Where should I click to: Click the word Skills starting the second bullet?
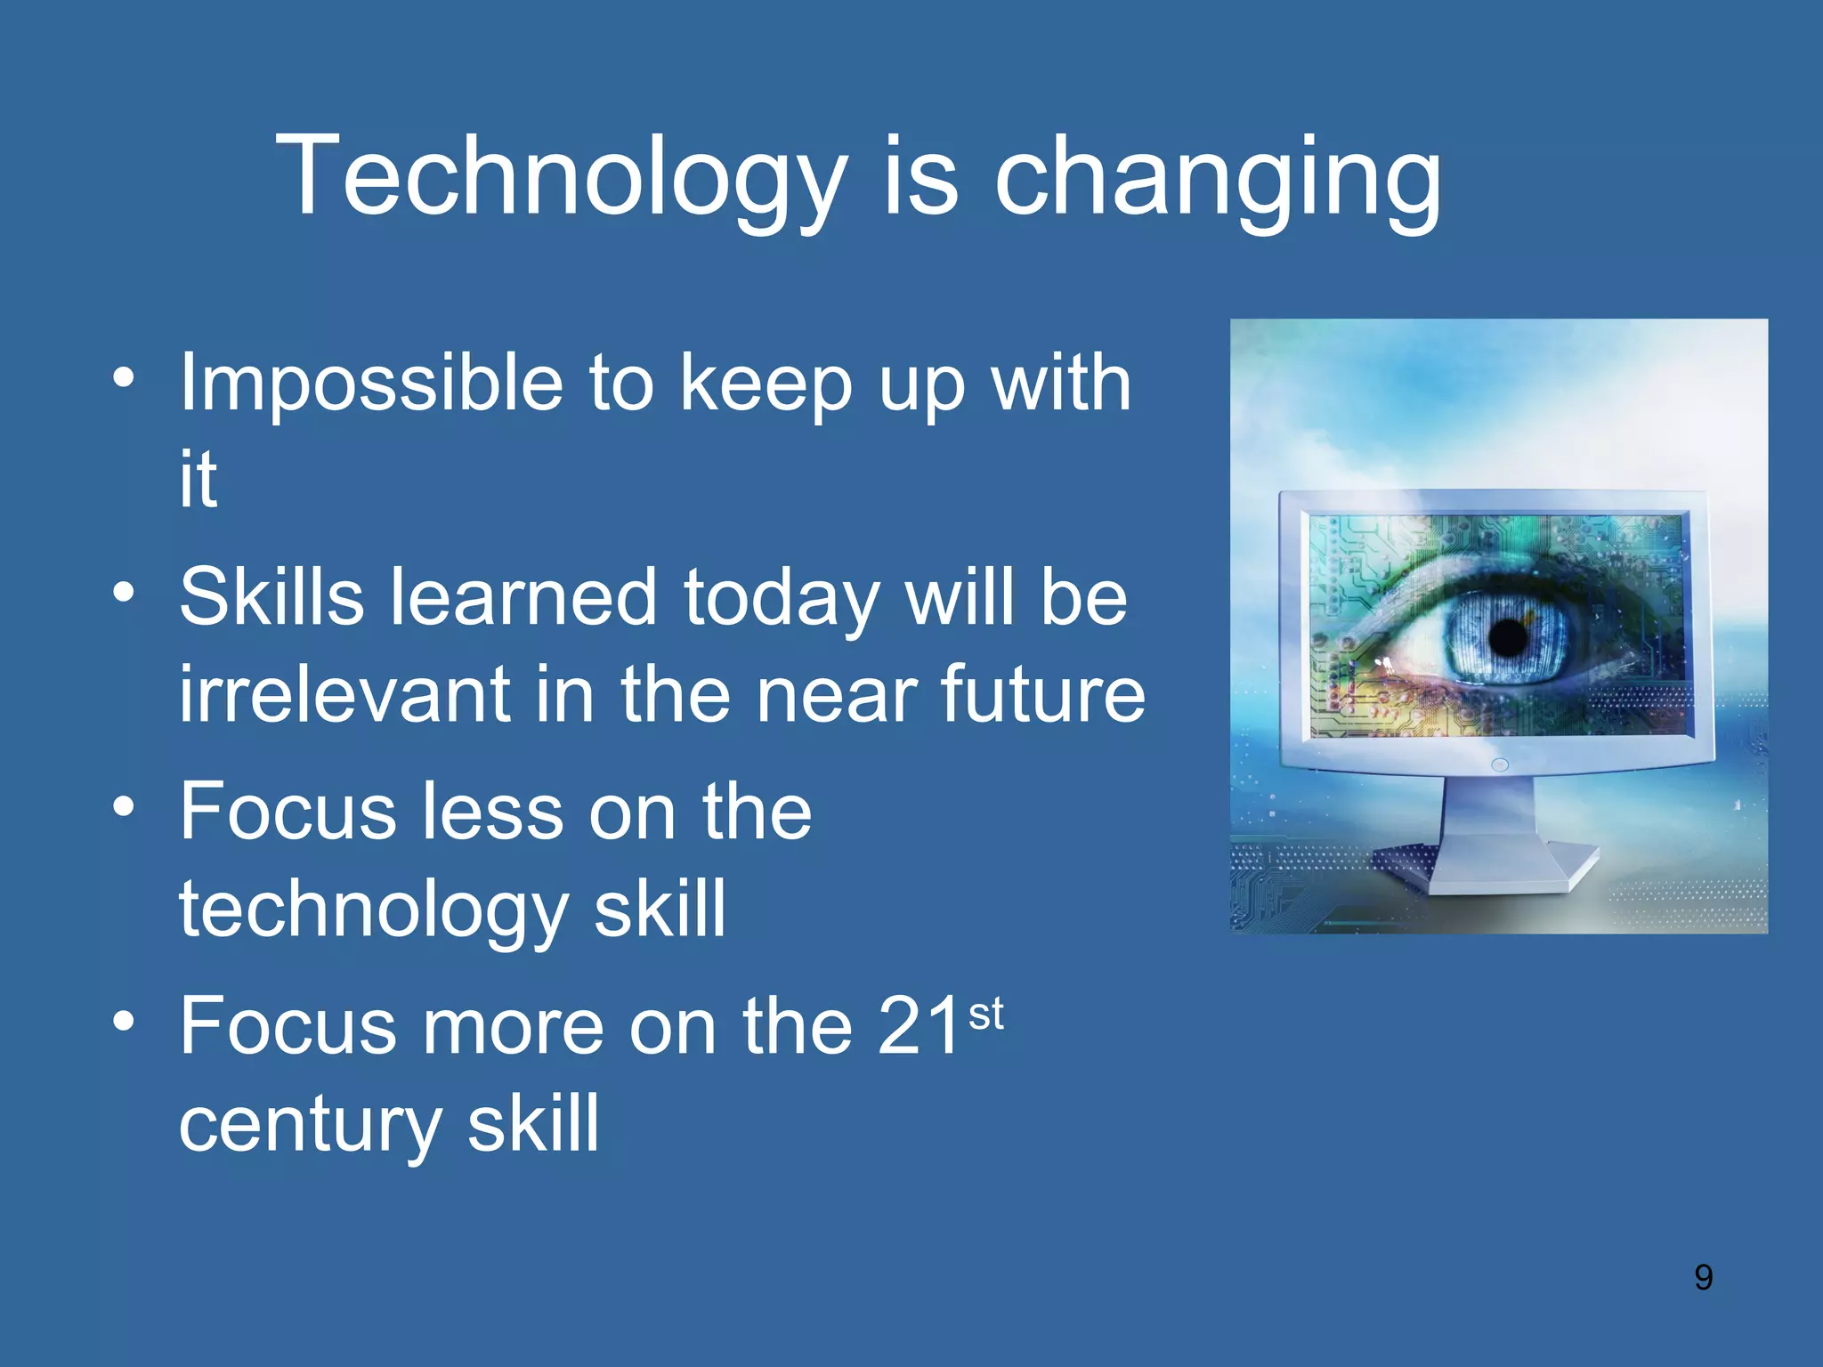click(271, 597)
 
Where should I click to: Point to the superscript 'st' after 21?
click(986, 1015)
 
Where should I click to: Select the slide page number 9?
click(1703, 1277)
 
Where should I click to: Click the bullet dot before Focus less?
click(124, 806)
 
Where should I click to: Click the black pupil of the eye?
click(1508, 638)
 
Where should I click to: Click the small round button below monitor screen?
click(1500, 764)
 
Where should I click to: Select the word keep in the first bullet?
click(766, 384)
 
